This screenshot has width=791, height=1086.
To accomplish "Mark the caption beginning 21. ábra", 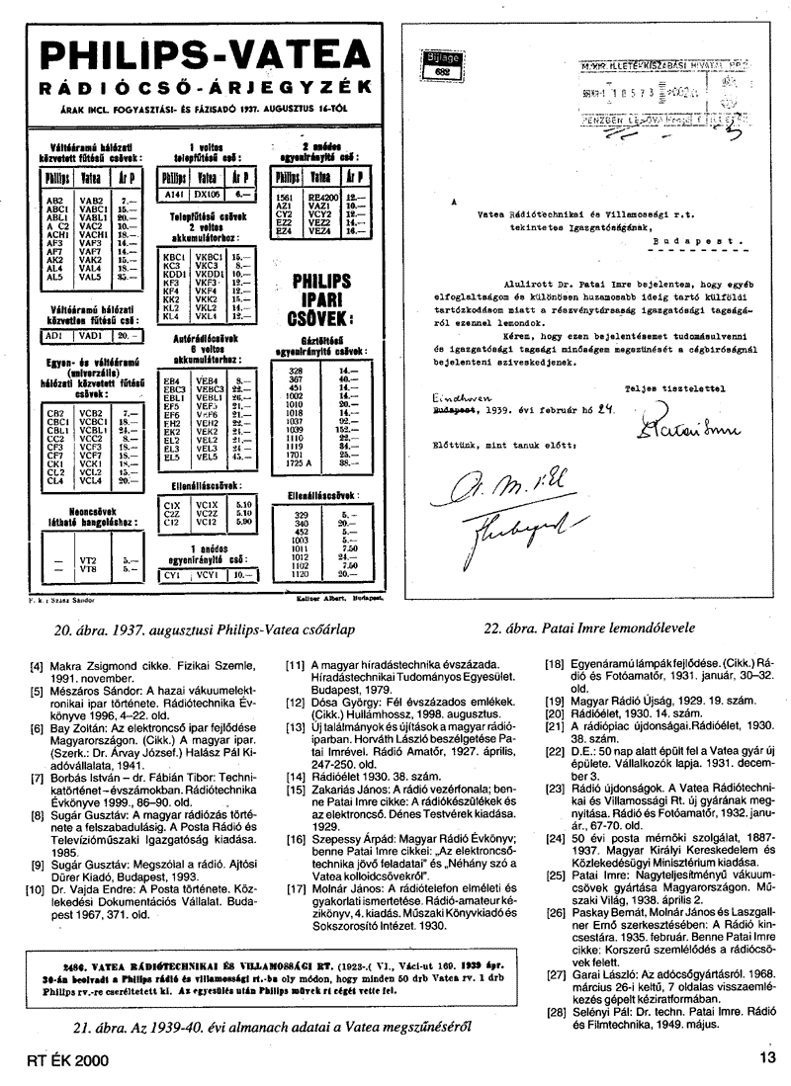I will [244, 1025].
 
